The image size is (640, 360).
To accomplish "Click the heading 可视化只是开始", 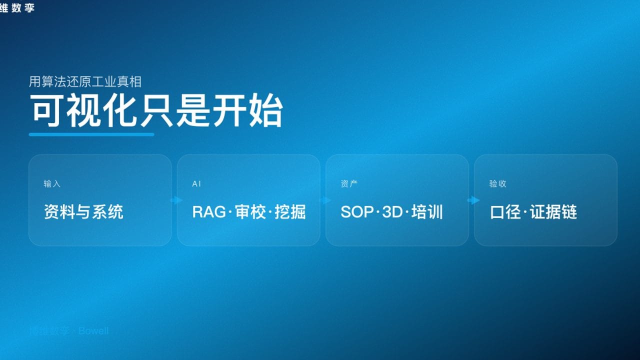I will tap(156, 110).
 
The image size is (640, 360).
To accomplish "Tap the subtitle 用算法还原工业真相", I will tap(85, 81).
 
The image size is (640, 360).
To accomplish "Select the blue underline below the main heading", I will tap(91, 134).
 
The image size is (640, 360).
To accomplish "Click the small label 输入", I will tap(52, 184).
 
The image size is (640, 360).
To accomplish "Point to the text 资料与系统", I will tap(83, 212).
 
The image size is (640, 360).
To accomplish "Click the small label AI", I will tap(196, 184).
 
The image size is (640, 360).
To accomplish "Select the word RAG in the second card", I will tap(209, 212).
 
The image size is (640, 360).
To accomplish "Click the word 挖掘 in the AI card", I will tap(290, 212).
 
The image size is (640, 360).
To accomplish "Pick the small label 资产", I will tap(349, 184).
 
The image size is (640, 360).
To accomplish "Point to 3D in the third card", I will tap(392, 212).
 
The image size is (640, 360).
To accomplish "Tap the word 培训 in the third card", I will tap(427, 212).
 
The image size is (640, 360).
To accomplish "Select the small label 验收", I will tap(497, 184).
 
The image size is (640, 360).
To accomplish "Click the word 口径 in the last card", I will tap(505, 212).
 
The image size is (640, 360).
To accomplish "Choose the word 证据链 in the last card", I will tap(553, 212).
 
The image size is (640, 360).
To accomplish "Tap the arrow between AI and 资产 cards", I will tap(325, 200).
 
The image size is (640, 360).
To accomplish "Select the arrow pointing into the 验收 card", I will tap(473, 200).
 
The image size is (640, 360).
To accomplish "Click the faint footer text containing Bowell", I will tap(69, 331).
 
